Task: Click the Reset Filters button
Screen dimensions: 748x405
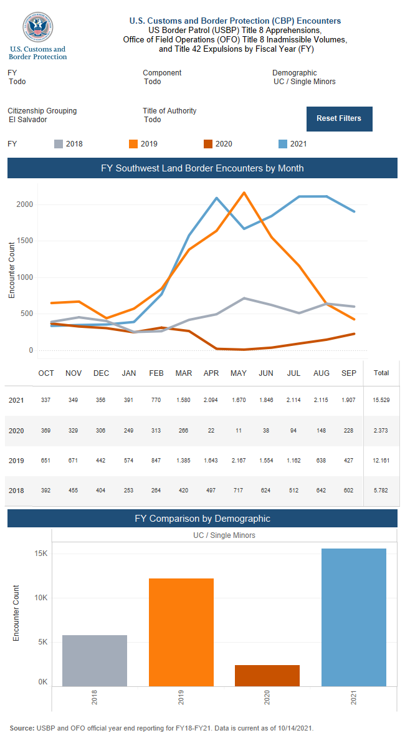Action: pos(339,118)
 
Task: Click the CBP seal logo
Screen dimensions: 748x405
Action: pos(38,28)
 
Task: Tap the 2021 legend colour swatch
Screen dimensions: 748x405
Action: pos(283,144)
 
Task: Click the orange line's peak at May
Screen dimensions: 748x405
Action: pos(244,193)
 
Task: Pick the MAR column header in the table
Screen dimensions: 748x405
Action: pos(184,373)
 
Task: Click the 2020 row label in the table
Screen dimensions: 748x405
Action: pos(16,431)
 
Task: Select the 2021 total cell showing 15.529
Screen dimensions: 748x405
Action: pos(381,400)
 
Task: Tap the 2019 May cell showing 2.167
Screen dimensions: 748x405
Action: pos(239,461)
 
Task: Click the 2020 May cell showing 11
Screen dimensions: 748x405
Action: pos(239,431)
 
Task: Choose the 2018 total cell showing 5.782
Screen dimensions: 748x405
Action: pos(381,491)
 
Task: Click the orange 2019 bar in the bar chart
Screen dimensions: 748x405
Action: pos(181,632)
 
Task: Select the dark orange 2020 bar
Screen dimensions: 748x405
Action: pos(267,676)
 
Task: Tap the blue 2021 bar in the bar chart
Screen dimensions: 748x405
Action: pos(354,617)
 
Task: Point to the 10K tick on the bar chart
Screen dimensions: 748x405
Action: pos(40,598)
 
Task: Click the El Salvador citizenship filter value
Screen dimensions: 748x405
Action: pos(28,120)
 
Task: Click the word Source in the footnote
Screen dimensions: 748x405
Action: pos(22,728)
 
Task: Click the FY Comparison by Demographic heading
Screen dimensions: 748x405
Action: pos(202,518)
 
